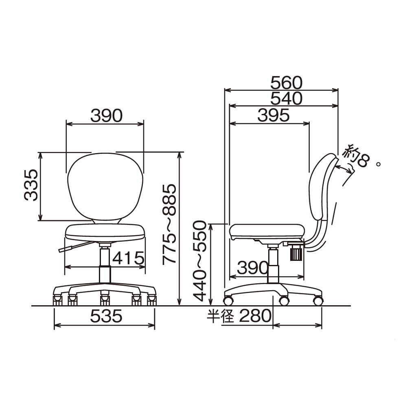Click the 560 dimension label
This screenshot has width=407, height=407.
(x=286, y=83)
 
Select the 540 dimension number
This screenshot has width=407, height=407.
(x=286, y=98)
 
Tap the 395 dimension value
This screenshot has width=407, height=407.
(x=274, y=115)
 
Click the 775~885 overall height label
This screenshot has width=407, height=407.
(x=169, y=224)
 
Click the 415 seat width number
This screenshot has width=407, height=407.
(x=128, y=258)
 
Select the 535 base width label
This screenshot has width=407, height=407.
(x=106, y=316)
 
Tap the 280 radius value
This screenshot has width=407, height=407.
(x=255, y=316)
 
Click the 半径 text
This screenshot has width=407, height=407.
(x=221, y=316)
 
